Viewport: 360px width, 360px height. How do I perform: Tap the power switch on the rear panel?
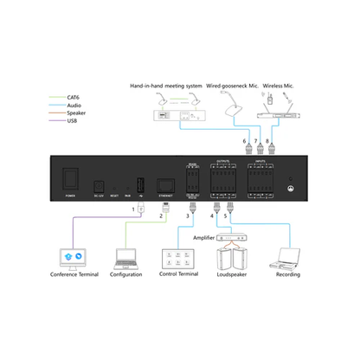point(71,180)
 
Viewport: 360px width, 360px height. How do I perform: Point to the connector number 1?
point(134,208)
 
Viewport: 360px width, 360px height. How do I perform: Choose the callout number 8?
point(267,140)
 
